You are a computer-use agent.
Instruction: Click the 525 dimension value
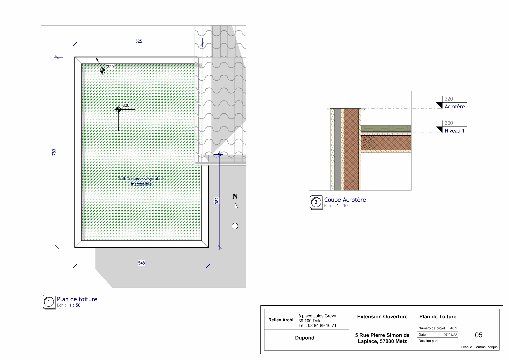click(139, 41)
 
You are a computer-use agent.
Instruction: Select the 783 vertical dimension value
click(54, 152)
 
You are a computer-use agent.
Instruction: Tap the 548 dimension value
click(141, 263)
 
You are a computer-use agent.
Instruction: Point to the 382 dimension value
click(217, 201)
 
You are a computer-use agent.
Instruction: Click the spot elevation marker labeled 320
click(102, 71)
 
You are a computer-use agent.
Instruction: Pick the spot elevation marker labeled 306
click(118, 110)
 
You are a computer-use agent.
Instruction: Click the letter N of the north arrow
click(235, 196)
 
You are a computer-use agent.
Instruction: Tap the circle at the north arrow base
click(235, 226)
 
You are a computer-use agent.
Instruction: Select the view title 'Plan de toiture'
click(77, 299)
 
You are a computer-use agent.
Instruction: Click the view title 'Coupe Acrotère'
click(345, 200)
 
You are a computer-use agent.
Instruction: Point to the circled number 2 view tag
click(316, 202)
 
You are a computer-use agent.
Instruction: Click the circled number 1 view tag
click(49, 302)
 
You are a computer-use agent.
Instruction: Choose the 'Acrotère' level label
click(454, 106)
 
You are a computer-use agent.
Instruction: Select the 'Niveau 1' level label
click(454, 131)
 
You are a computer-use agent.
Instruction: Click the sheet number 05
click(479, 335)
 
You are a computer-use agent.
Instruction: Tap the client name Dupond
click(304, 338)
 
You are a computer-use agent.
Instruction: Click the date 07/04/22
click(450, 335)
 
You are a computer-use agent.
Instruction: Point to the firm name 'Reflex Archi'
click(281, 320)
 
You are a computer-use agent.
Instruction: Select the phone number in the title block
click(317, 325)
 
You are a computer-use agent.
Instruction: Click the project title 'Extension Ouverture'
click(382, 317)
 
